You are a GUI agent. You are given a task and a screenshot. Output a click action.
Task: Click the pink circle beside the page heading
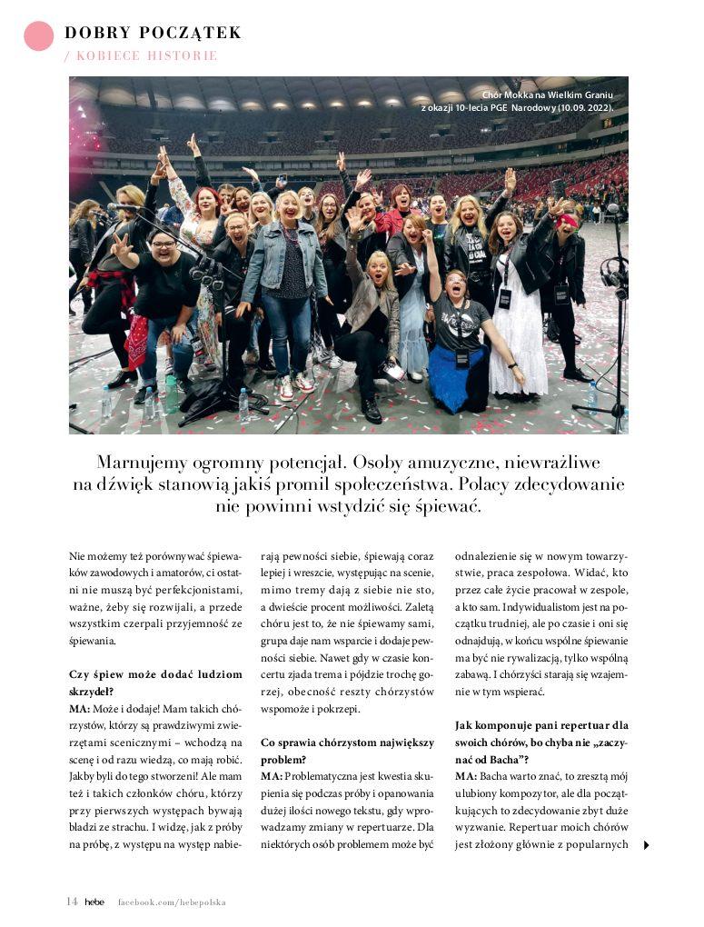(x=38, y=35)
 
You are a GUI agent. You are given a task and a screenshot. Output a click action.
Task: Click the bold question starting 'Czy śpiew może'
(x=155, y=683)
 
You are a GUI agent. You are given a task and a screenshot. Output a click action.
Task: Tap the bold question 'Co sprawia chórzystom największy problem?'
(x=346, y=751)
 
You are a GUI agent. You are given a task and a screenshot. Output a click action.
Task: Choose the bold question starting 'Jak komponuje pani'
(x=541, y=733)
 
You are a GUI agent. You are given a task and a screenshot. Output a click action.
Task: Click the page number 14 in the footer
(x=72, y=902)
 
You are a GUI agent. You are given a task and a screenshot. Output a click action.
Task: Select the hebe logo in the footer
(x=94, y=902)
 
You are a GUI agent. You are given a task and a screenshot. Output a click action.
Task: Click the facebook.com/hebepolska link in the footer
(x=172, y=902)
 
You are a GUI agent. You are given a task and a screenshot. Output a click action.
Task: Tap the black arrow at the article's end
(x=646, y=845)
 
